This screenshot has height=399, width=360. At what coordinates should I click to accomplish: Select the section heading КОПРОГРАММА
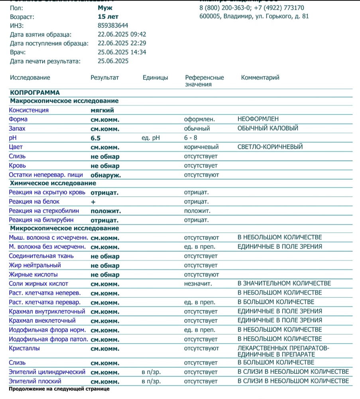pos(35,93)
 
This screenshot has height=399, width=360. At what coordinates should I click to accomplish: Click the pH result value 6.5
pos(96,138)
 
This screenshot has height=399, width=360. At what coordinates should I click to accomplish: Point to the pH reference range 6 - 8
pos(191,138)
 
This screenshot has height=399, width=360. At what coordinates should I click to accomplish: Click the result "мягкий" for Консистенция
pos(102,110)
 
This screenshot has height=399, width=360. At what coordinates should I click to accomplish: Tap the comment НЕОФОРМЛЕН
pos(258,119)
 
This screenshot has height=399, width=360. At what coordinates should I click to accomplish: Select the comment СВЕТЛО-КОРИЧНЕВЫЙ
pos(270,147)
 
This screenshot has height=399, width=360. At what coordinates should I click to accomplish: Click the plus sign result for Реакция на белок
pos(93,202)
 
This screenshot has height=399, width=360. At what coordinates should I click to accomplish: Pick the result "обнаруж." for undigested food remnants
pos(106,175)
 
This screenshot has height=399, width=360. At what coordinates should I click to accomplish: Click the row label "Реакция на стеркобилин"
pos(44,211)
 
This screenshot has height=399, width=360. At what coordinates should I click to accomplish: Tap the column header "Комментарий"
pos(260,77)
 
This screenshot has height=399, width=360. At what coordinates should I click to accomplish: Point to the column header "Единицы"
pos(155,77)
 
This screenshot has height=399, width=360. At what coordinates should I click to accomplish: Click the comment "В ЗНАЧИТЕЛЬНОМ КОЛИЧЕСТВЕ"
pos(284,283)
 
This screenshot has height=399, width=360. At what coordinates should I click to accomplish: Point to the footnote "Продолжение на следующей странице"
pos(59,389)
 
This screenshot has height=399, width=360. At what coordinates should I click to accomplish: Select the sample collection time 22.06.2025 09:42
pos(122,34)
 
